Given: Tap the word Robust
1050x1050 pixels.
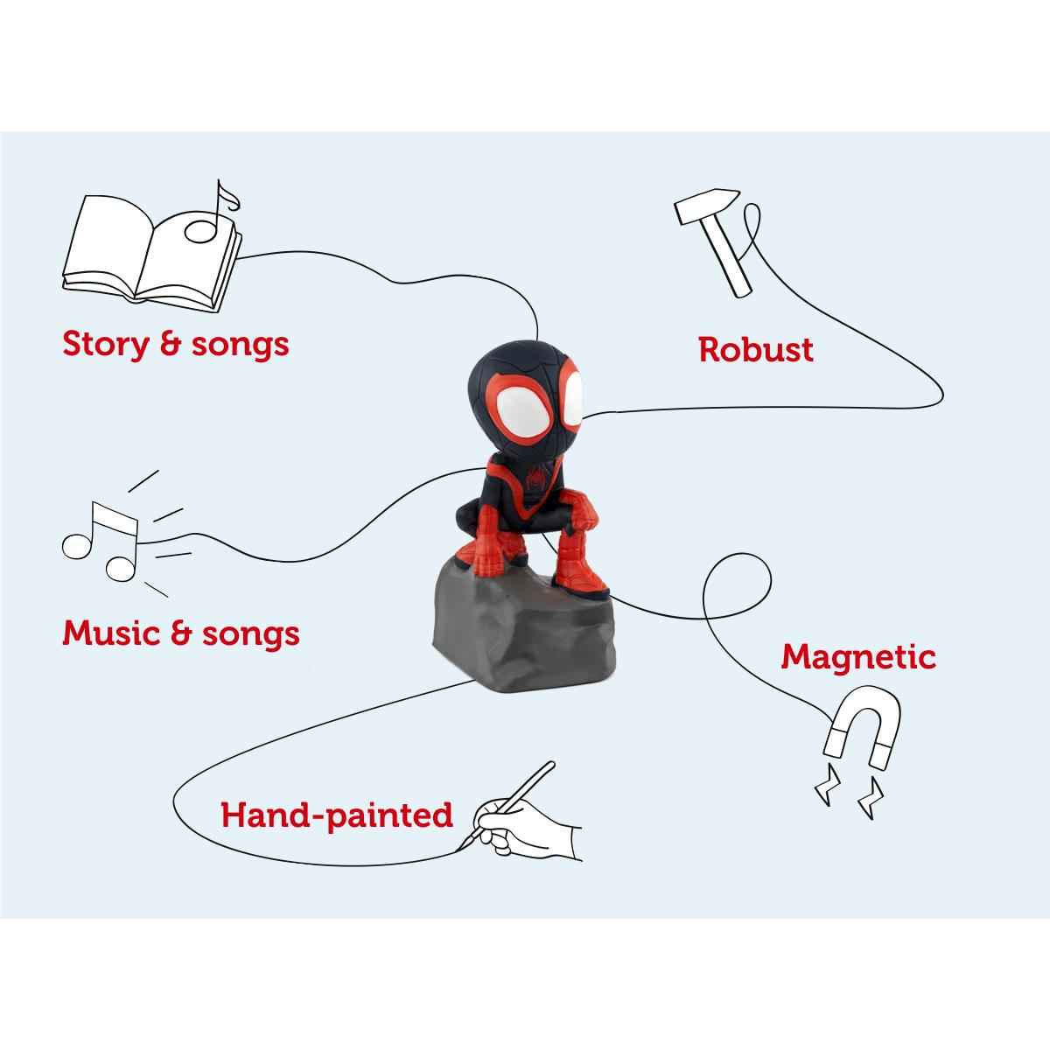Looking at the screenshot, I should (756, 349).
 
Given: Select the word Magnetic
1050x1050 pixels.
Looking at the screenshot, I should (858, 656).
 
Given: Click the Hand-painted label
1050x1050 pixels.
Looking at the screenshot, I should (337, 815).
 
